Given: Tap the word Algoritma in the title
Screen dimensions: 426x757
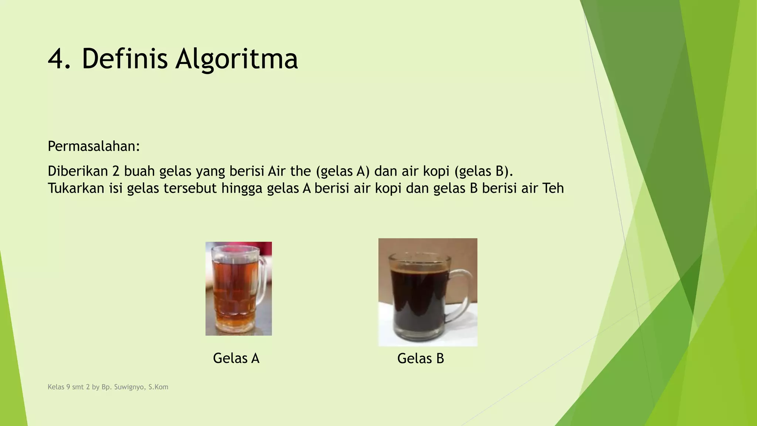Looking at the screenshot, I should [x=237, y=59].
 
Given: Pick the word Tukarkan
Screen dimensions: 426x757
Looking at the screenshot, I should [x=76, y=188].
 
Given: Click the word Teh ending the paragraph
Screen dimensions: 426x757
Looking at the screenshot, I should [x=553, y=188].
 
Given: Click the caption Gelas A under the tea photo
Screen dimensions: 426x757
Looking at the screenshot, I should [x=236, y=358].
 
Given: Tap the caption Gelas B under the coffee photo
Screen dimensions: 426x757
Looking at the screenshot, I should [x=420, y=358].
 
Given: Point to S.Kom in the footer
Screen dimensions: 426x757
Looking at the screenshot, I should [x=158, y=387].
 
